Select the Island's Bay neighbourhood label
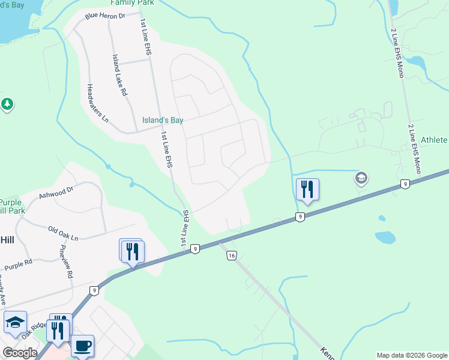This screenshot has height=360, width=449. click(x=162, y=120)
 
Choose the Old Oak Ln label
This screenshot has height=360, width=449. click(x=63, y=233)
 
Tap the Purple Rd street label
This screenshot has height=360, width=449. click(x=18, y=264)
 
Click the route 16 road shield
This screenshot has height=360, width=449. click(x=232, y=256)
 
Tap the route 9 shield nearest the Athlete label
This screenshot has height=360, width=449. click(x=406, y=184)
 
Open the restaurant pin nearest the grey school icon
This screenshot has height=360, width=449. click(x=307, y=189)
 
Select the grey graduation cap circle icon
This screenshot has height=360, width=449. click(x=361, y=178)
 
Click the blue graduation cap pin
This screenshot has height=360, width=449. click(x=15, y=323)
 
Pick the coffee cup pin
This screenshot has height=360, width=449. click(x=82, y=345)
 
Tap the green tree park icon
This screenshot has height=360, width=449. click(x=7, y=104)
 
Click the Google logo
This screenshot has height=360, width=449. click(x=19, y=352)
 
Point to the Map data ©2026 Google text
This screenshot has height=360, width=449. click(x=412, y=355)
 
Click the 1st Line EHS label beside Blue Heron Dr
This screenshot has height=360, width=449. click(x=145, y=38)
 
